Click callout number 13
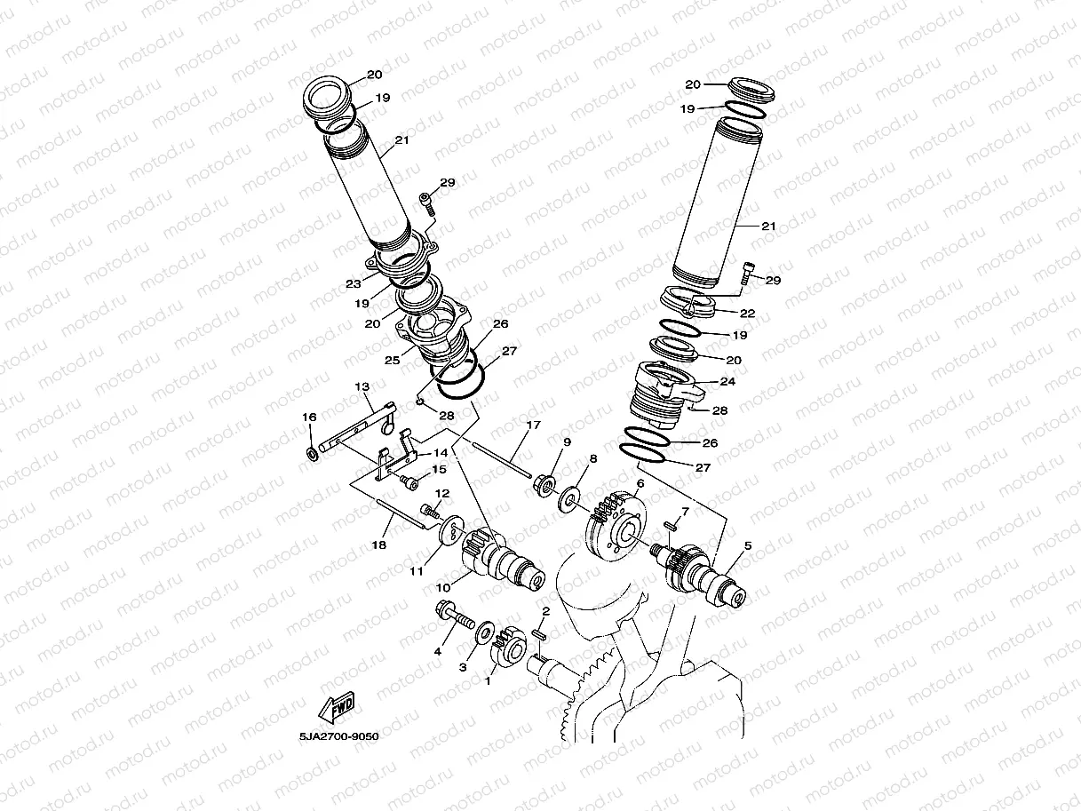click(362, 386)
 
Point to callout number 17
click(532, 425)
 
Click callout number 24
click(728, 381)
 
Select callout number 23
click(354, 284)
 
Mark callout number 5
click(747, 546)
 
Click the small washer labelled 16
click(313, 455)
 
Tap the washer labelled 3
click(485, 632)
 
